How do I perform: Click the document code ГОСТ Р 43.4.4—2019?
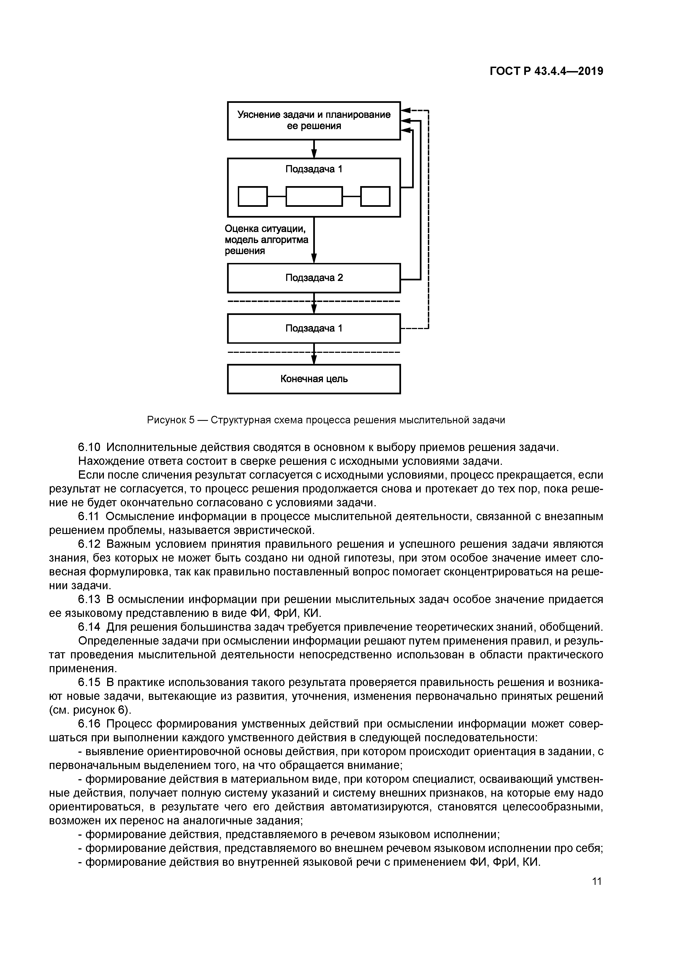tap(546, 71)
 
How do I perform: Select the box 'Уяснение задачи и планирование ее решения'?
tap(313, 120)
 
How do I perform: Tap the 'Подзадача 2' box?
tap(313, 278)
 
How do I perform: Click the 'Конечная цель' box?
tap(313, 379)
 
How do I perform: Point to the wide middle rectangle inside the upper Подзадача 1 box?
tap(314, 196)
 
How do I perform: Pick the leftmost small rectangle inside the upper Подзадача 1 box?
tap(252, 196)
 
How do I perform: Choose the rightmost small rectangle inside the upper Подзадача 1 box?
tap(375, 196)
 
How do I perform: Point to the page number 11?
tap(596, 881)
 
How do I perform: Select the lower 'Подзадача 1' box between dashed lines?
tap(313, 328)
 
